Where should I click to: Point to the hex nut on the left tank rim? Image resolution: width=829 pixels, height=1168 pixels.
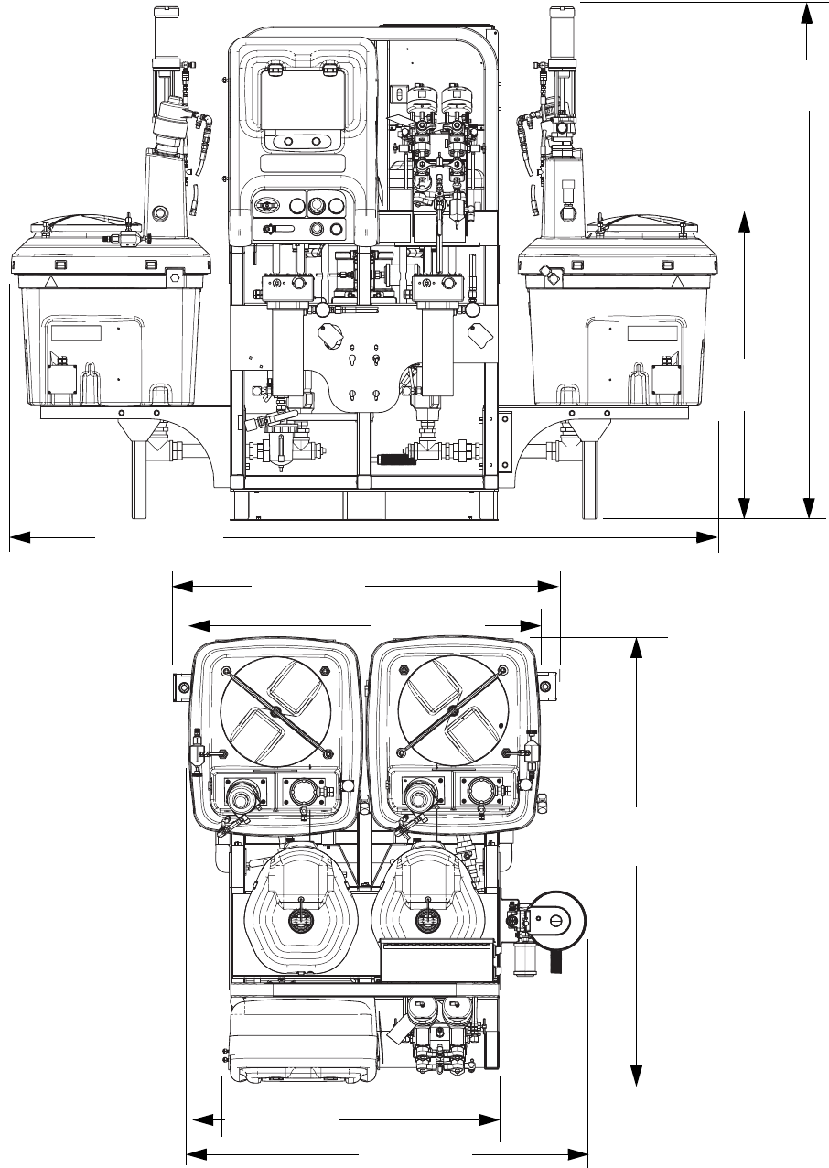click(x=174, y=274)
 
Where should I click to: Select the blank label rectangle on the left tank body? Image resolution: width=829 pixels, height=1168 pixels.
click(x=73, y=333)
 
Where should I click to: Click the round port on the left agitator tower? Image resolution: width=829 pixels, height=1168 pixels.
click(x=162, y=213)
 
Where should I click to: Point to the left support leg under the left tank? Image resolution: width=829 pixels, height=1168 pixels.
click(x=137, y=476)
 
